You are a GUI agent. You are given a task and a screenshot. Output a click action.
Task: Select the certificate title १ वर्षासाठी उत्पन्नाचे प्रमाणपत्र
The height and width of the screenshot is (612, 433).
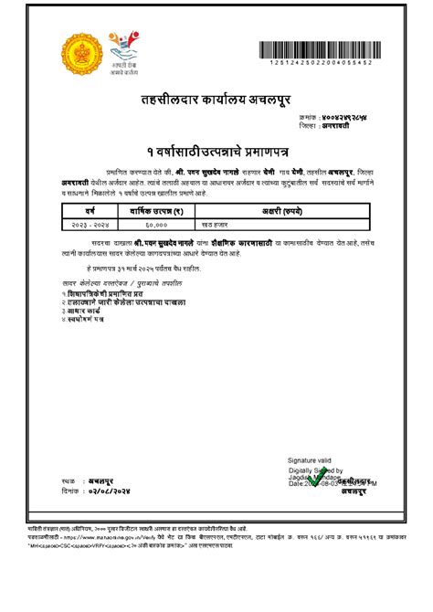click(x=216, y=149)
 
